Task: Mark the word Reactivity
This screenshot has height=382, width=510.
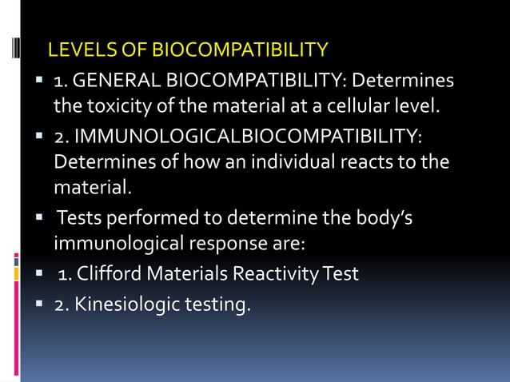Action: click(x=272, y=274)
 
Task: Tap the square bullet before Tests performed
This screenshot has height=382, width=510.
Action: click(x=38, y=217)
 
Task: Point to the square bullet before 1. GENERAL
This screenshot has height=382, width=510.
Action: click(x=38, y=82)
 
